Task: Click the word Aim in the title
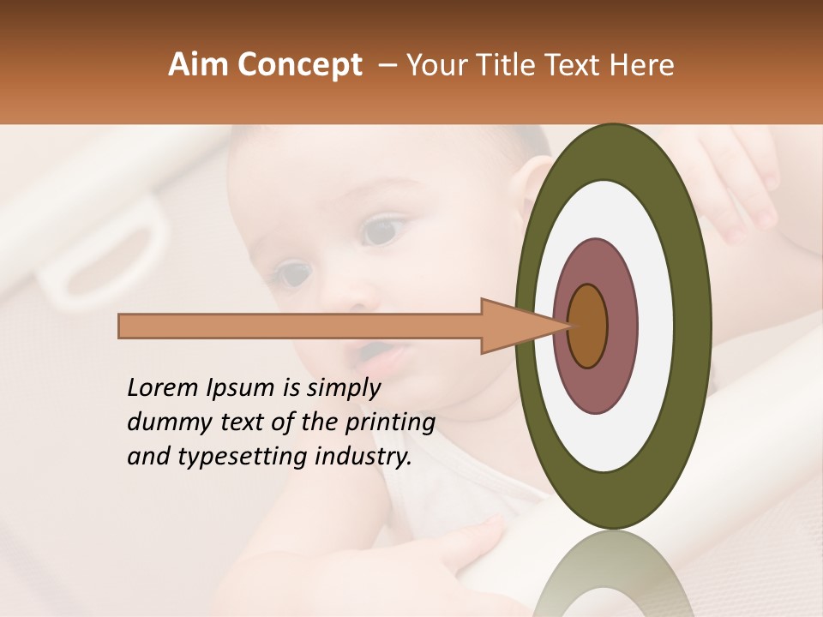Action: pos(199,65)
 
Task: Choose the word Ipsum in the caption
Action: pos(241,388)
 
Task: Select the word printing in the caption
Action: pos(390,422)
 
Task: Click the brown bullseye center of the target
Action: pos(587,326)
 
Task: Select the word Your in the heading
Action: pos(436,65)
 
